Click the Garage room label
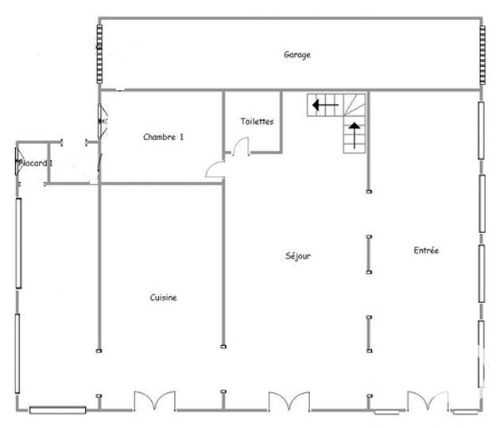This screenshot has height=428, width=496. [297, 55]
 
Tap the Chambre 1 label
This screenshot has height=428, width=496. [163, 137]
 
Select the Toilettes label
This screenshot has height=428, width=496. [257, 121]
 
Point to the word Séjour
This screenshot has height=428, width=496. [298, 256]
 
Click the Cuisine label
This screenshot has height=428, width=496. [163, 298]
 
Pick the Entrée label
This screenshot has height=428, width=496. [426, 251]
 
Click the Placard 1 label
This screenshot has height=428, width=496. [36, 163]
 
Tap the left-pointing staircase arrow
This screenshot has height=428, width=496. [325, 105]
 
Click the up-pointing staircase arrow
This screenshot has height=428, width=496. [355, 135]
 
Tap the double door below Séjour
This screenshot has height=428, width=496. [289, 400]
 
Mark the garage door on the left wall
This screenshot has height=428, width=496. [99, 54]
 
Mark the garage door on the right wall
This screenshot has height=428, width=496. [482, 55]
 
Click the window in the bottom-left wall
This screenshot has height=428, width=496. [58, 410]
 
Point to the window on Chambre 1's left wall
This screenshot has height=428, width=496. [102, 121]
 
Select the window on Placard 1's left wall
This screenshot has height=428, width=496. [19, 161]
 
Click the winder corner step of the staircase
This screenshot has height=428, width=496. [355, 104]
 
